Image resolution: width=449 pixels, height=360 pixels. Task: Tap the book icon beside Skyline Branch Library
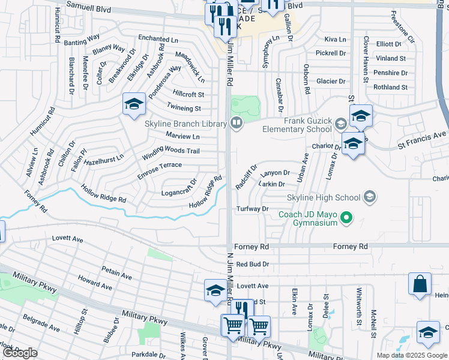pyautogui.click(x=237, y=124)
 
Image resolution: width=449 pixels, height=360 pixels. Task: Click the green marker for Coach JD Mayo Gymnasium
pyautogui.click(x=345, y=217)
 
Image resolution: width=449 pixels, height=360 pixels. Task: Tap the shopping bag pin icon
pyautogui.click(x=420, y=284)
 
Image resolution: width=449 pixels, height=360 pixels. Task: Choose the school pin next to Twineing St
pyautogui.click(x=134, y=104)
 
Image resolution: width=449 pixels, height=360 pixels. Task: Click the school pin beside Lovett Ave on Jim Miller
pyautogui.click(x=215, y=290)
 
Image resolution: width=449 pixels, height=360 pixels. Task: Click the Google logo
pyautogui.click(x=20, y=353)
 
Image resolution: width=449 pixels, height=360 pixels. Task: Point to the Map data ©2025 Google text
pyautogui.click(x=411, y=355)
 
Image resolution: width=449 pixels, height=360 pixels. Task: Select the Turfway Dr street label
pyautogui.click(x=252, y=209)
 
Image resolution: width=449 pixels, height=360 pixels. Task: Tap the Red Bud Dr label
pyautogui.click(x=253, y=263)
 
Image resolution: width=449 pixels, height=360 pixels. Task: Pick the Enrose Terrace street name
pyautogui.click(x=160, y=169)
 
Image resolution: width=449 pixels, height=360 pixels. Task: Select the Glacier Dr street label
pyautogui.click(x=331, y=82)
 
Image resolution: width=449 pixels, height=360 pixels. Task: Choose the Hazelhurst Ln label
pyautogui.click(x=103, y=158)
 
